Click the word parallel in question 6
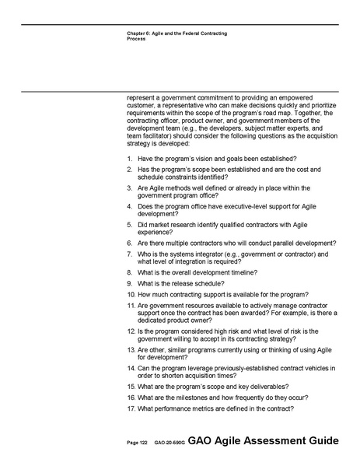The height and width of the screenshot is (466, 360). click(x=277, y=242)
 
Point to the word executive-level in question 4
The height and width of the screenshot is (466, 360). click(x=238, y=206)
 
